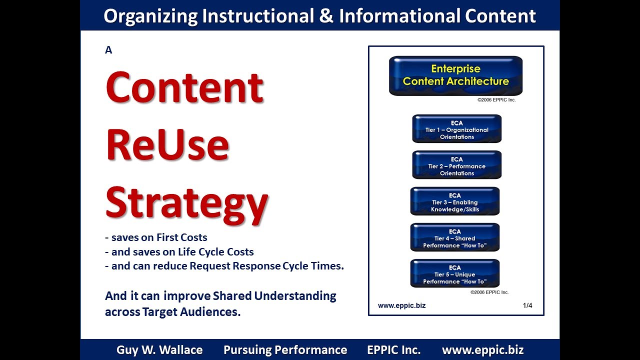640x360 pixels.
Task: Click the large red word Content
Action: tap(184, 87)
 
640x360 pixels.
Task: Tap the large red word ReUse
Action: tap(167, 144)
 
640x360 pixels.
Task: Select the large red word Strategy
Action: tap(186, 202)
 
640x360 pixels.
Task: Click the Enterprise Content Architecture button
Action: tap(455, 75)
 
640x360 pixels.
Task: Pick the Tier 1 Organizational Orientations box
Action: tap(456, 129)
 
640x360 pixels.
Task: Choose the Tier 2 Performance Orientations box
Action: tap(456, 165)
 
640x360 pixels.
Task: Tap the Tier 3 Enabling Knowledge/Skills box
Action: tap(455, 201)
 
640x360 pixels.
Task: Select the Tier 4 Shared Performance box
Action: tap(455, 237)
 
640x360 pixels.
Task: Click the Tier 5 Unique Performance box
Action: tap(455, 273)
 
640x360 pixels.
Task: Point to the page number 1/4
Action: tap(527, 305)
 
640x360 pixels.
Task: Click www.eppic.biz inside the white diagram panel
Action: tap(401, 305)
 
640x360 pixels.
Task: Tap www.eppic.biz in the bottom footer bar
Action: tap(482, 350)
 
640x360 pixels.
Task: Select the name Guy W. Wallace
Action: tap(159, 350)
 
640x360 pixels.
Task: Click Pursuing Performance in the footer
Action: tap(285, 350)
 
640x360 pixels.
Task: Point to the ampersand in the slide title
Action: tap(325, 16)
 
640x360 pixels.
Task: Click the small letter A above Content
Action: tap(108, 50)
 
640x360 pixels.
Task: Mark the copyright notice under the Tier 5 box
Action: tap(489, 292)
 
